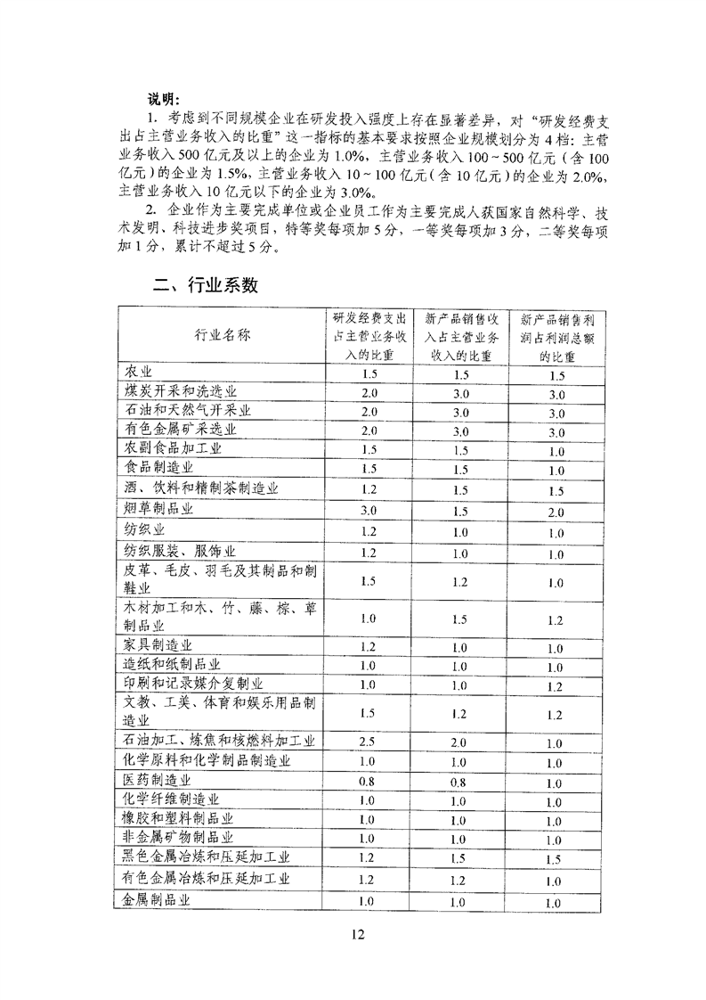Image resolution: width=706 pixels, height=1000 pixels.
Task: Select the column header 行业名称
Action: pyautogui.click(x=222, y=336)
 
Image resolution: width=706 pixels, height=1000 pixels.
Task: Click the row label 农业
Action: pyautogui.click(x=139, y=372)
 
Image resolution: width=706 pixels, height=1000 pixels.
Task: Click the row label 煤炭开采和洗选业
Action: pyautogui.click(x=182, y=392)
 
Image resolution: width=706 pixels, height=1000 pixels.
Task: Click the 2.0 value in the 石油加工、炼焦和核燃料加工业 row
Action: pyautogui.click(x=458, y=742)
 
